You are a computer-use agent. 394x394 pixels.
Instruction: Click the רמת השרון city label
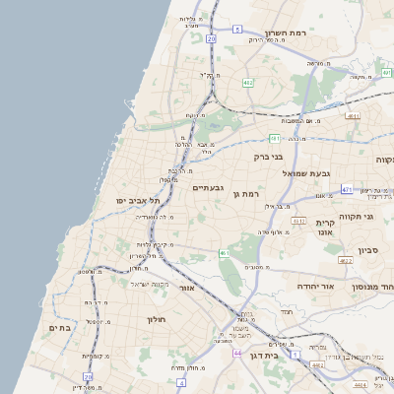pos(288,33)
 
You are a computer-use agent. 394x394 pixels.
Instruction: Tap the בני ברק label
pos(268,156)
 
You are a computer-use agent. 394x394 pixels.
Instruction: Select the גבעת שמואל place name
pos(310,173)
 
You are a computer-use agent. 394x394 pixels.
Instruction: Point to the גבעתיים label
pos(209,187)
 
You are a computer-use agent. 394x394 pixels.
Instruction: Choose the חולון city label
pos(158,319)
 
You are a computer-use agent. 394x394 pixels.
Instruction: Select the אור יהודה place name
pos(316,287)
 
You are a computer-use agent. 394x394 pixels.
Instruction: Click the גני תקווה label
pos(356,216)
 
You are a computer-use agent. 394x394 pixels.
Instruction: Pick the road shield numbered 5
pos(238,31)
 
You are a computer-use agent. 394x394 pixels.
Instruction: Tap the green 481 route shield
pos(275,138)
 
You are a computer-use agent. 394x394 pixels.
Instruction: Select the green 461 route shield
pos(225,253)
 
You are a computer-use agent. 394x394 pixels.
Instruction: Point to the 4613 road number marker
pos(298,221)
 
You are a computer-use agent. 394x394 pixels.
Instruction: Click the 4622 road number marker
pos(345,261)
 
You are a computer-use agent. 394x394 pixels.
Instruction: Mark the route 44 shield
pos(236,352)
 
